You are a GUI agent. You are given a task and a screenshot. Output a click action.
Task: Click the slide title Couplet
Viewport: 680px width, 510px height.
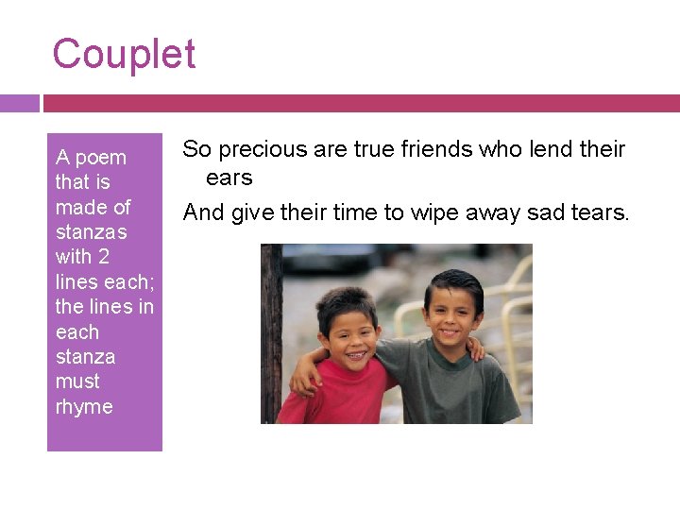[x=124, y=54]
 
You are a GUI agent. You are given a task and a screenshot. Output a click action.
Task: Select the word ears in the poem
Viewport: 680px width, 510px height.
[x=229, y=178]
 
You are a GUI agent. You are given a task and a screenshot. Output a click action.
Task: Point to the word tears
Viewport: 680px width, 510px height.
[x=599, y=213]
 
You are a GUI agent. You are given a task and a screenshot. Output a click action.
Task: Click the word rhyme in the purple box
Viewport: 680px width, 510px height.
[x=84, y=407]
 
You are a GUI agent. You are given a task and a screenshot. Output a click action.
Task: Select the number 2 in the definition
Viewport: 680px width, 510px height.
[x=104, y=257]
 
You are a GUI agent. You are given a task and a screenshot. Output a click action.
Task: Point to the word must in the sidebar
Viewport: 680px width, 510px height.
[x=77, y=382]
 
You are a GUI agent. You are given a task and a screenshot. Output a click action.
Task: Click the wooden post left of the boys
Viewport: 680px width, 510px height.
[x=272, y=331]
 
